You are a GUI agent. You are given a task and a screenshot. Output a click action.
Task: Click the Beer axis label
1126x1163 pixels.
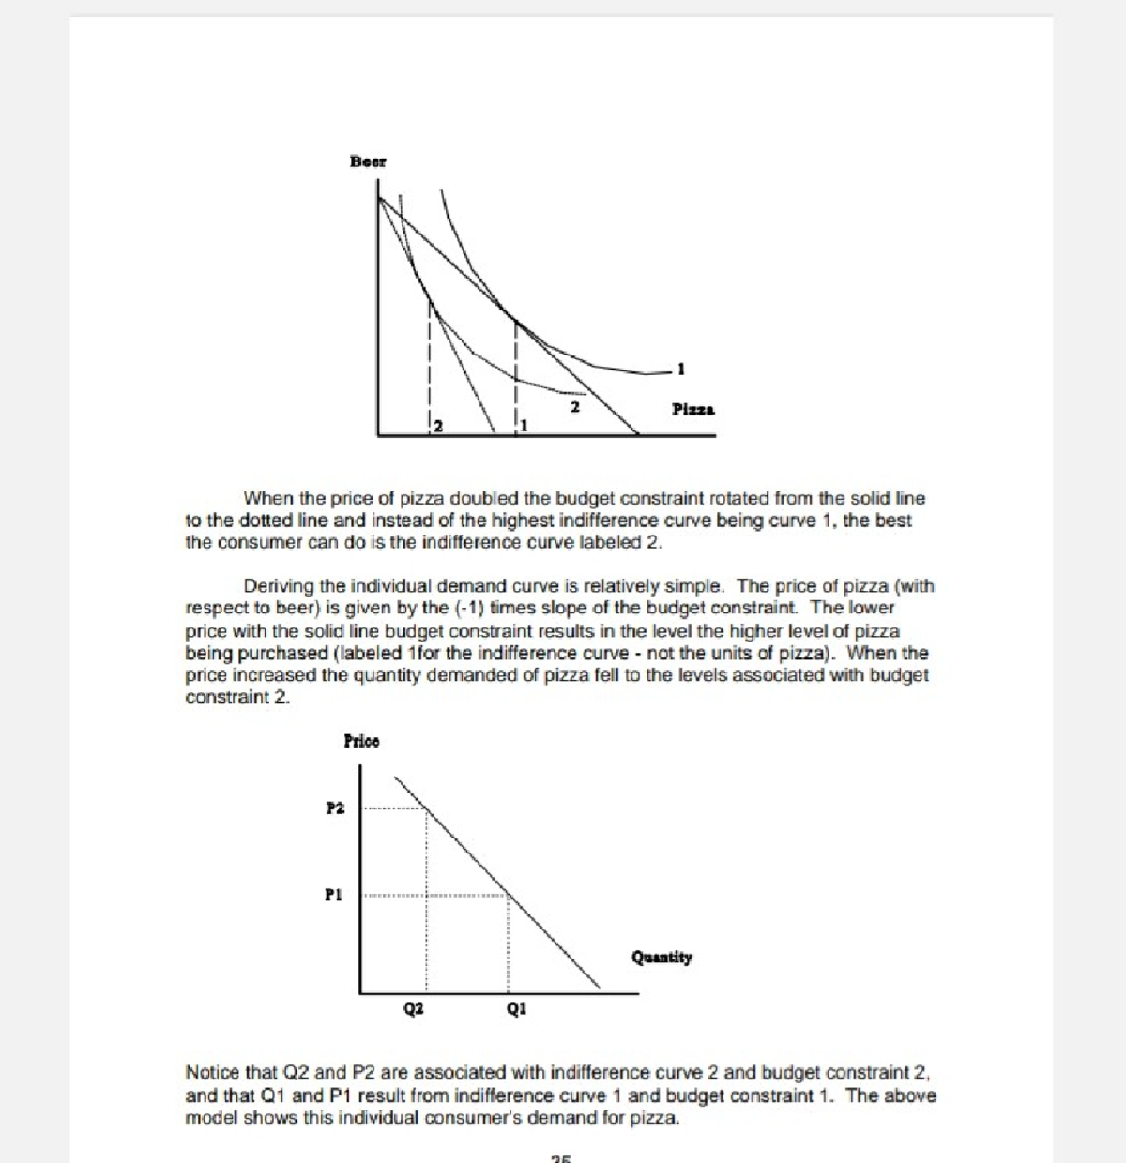point(368,161)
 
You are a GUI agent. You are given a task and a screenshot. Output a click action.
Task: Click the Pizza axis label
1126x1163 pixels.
point(692,409)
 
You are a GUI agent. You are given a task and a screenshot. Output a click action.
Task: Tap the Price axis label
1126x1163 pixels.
point(361,741)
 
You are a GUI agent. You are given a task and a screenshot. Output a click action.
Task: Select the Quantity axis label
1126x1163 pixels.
point(662,958)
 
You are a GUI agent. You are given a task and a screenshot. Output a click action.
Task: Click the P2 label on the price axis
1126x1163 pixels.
point(335,808)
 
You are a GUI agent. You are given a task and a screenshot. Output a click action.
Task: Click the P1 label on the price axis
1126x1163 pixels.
point(334,894)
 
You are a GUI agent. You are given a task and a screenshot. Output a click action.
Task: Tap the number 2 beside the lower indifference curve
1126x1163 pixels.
point(574,407)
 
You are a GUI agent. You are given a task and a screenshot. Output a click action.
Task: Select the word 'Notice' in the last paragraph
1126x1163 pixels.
point(214,1072)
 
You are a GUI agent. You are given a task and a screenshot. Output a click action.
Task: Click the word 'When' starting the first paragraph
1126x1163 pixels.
point(264,498)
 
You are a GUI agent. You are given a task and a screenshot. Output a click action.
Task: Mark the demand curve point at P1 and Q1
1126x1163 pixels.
point(510,894)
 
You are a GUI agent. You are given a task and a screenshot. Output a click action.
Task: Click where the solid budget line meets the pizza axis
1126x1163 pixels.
point(638,434)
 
